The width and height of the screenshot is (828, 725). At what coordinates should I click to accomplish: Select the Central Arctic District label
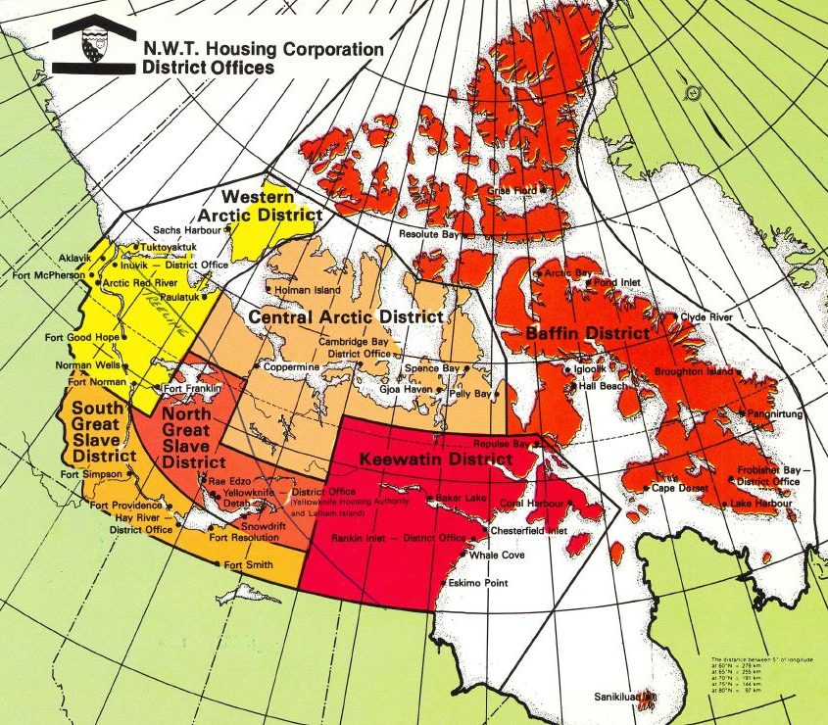(345, 318)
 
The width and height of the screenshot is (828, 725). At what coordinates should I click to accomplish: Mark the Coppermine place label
(291, 366)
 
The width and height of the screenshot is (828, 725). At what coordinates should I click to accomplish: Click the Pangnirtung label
(780, 414)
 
